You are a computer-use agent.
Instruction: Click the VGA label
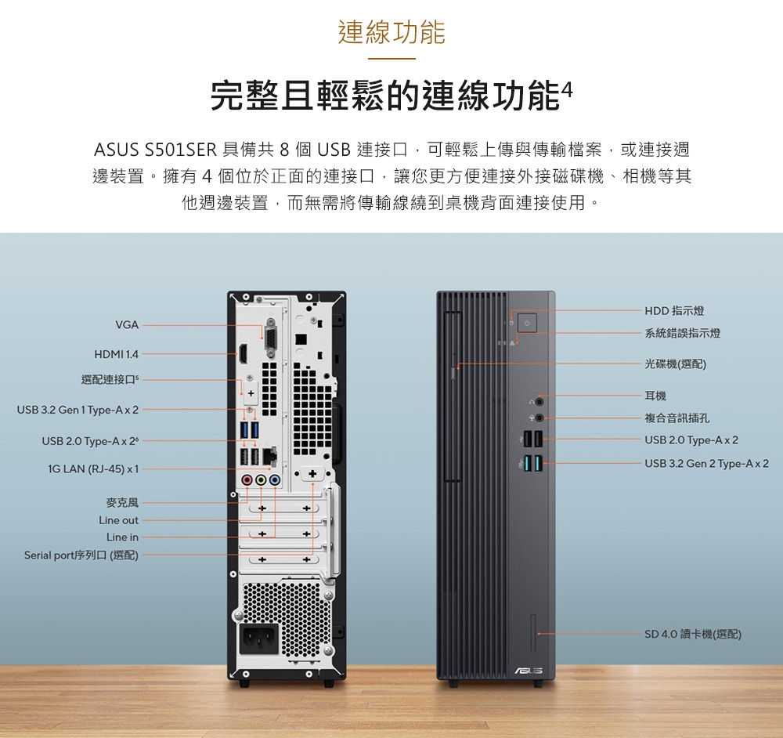point(127,324)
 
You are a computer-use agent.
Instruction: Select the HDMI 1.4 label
point(116,355)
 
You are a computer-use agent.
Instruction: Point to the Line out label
point(118,520)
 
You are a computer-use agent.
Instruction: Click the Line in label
point(122,537)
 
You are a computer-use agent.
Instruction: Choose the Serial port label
point(81,555)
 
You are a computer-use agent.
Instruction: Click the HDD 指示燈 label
point(674,312)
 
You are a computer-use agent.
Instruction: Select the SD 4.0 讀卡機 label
point(693,634)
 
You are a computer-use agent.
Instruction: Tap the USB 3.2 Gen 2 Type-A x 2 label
point(706,464)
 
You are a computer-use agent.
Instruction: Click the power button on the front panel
point(526,323)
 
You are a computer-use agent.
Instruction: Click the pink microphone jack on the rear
point(247,479)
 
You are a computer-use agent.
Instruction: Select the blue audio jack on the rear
point(274,479)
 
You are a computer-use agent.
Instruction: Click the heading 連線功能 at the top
point(391,32)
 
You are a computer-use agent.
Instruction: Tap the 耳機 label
point(656,396)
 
